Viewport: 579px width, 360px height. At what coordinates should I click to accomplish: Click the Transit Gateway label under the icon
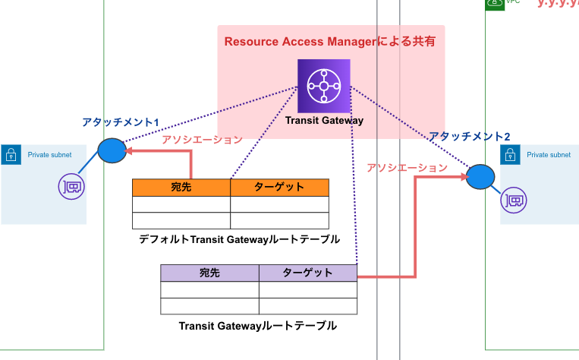click(324, 120)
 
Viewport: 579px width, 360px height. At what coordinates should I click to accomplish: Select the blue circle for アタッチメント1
click(112, 150)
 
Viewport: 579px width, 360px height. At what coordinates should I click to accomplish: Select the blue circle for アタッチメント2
click(481, 176)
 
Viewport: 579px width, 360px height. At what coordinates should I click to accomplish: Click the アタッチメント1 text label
click(121, 122)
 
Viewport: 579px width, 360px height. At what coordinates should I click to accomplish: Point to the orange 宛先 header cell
click(181, 187)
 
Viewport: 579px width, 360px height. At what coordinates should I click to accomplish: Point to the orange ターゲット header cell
click(278, 187)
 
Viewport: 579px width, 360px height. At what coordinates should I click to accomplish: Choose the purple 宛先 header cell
click(209, 273)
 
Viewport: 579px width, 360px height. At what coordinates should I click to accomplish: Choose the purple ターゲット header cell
click(307, 273)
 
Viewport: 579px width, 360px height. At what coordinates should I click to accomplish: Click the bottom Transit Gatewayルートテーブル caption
click(257, 326)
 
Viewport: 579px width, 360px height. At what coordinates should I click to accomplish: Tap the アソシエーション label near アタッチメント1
click(203, 140)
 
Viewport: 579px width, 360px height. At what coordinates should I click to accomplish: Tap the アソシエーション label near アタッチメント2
click(407, 168)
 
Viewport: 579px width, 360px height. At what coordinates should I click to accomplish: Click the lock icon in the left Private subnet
click(11, 155)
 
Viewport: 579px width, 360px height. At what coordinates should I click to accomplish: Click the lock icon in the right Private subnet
click(509, 155)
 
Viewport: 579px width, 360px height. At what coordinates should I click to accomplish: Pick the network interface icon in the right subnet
click(513, 201)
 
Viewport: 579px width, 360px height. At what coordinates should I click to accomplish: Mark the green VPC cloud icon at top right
click(495, 4)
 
